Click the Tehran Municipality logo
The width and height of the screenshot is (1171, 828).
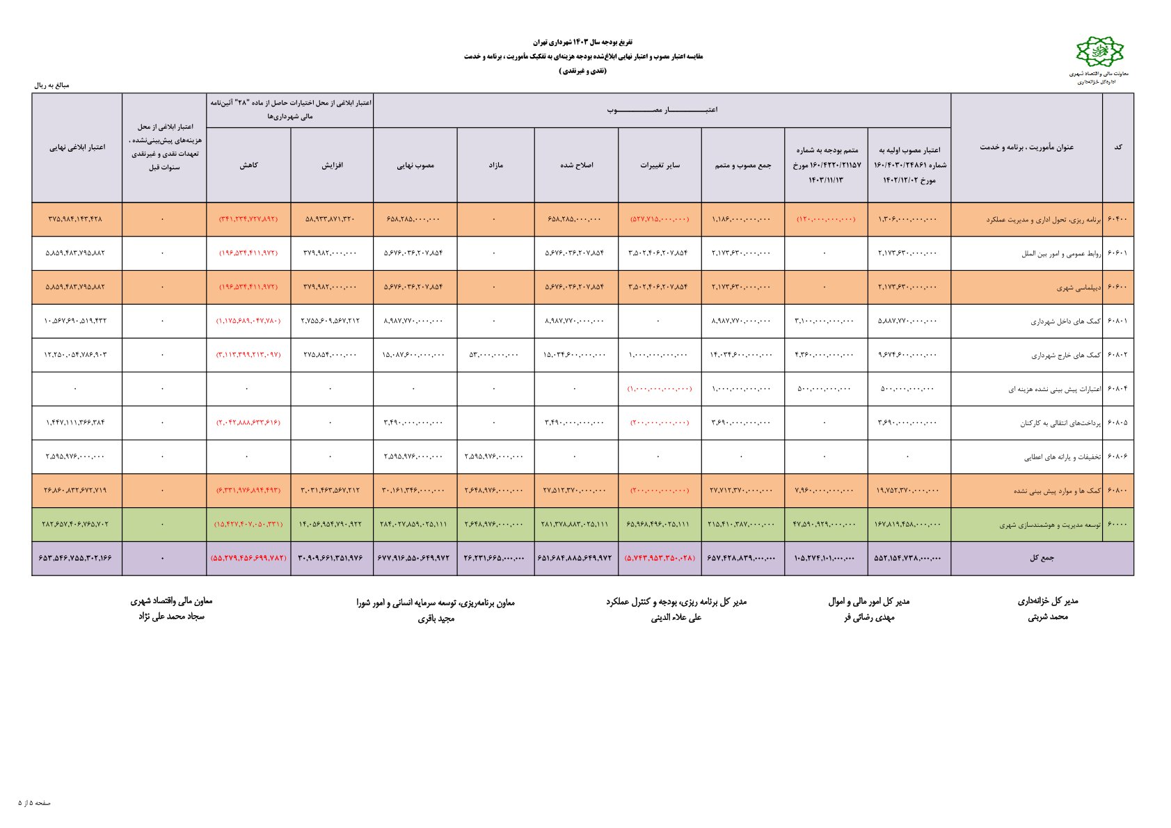pos(1099,51)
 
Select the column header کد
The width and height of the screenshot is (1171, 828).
pos(1117,147)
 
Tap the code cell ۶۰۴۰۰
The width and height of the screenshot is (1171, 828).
pos(1117,219)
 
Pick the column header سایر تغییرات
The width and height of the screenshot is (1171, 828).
pos(660,166)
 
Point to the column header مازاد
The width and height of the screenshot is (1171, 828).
pos(495,166)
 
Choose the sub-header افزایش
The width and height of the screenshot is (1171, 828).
pos(332,166)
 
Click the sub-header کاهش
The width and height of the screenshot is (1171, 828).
pos(248,166)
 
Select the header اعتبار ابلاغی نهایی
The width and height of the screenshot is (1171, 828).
pos(77,147)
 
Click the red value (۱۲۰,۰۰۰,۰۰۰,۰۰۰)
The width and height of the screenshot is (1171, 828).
pos(826,219)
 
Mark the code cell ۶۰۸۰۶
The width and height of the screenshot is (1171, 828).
pos(1117,456)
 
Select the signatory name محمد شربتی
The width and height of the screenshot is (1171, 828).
pos(1047,617)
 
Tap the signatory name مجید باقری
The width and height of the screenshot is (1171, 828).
pos(436,618)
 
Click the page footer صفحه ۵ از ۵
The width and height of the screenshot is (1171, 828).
pos(34,803)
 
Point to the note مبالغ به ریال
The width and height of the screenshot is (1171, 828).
pos(52,85)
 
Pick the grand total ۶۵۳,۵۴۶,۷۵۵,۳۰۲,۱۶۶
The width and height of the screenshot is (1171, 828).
pos(75,558)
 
